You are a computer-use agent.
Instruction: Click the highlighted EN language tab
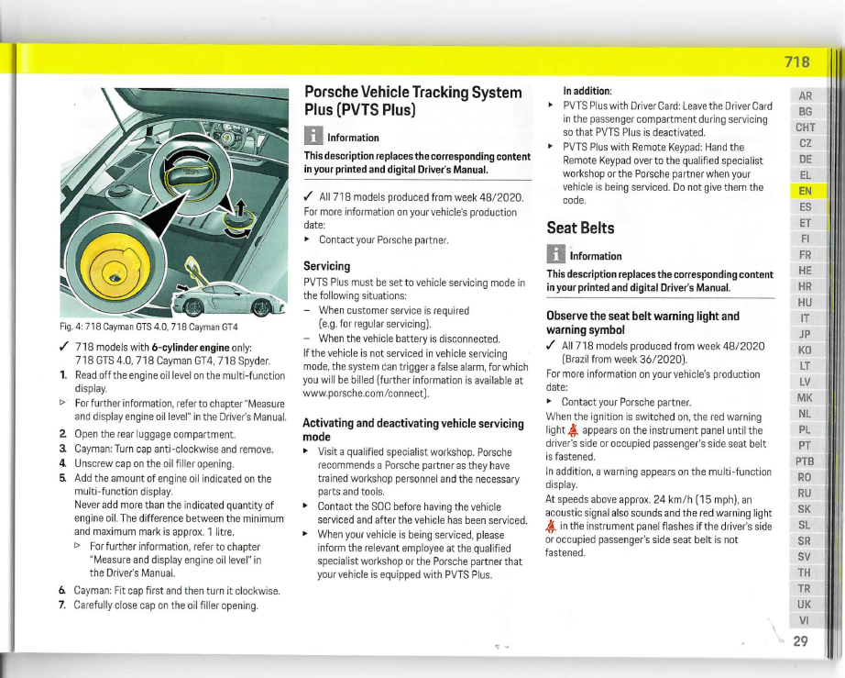pyautogui.click(x=806, y=191)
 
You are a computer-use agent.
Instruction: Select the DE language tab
pyautogui.click(x=806, y=159)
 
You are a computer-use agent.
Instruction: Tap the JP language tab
pyautogui.click(x=806, y=334)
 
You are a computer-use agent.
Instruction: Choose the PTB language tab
pyautogui.click(x=806, y=461)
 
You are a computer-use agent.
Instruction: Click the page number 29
pyautogui.click(x=800, y=641)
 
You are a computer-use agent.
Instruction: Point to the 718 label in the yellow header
pyautogui.click(x=796, y=62)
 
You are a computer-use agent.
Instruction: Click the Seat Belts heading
pyautogui.click(x=580, y=228)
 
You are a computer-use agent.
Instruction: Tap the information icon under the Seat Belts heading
pyautogui.click(x=555, y=256)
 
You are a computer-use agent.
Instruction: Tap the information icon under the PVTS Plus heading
pyautogui.click(x=313, y=138)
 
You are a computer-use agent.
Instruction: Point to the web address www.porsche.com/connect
pyautogui.click(x=364, y=393)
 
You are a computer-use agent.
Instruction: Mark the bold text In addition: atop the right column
pyautogui.click(x=587, y=91)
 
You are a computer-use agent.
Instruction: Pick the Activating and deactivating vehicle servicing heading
pyautogui.click(x=412, y=429)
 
